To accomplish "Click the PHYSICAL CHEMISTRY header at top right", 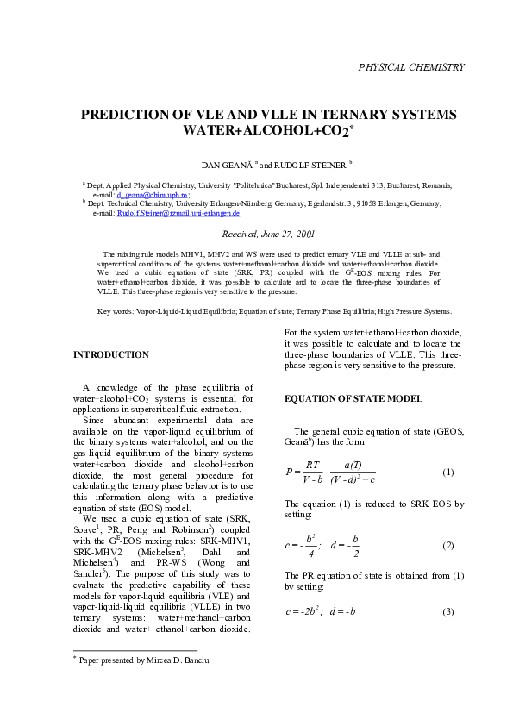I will point(411,67).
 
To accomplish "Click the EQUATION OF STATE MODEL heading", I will point(353,398).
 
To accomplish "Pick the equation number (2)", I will point(447,546).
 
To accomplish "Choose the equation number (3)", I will point(447,611).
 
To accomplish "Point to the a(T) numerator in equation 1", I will point(353,464).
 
